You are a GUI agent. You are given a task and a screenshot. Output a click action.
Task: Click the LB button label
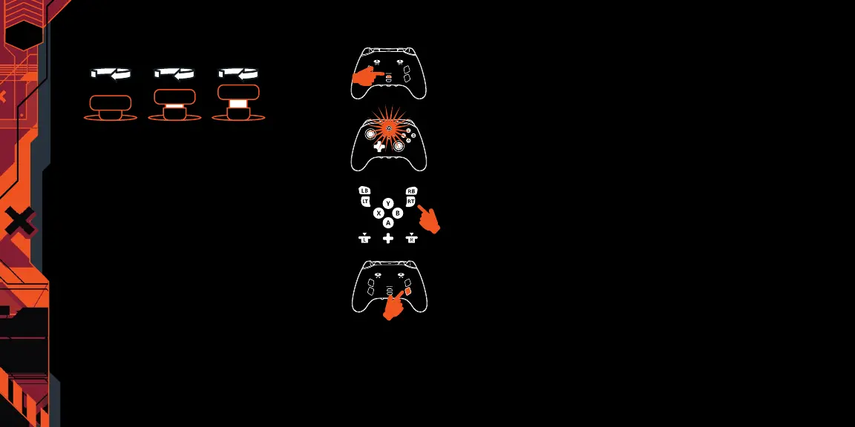(x=364, y=191)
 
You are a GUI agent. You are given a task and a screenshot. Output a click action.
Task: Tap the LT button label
(x=365, y=201)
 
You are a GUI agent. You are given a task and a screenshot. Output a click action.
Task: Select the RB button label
(x=412, y=191)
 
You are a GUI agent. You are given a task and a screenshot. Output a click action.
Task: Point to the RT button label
(x=410, y=201)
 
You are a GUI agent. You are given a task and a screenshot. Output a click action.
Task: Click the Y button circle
(x=387, y=203)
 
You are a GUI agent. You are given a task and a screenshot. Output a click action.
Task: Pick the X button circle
(x=379, y=213)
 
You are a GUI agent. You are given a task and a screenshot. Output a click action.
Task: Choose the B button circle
(x=397, y=213)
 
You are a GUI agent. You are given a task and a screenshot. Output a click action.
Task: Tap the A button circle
(x=387, y=222)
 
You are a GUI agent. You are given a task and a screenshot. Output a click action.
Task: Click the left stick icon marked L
(x=364, y=239)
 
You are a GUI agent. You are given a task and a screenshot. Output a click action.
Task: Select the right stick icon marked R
(x=412, y=239)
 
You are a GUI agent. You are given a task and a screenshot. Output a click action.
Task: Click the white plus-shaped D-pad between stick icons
(x=387, y=239)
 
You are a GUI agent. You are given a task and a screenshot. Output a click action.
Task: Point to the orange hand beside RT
(x=429, y=219)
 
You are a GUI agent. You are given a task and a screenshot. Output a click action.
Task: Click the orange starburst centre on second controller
(x=389, y=127)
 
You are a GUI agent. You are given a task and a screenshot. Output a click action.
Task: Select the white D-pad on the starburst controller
(x=379, y=147)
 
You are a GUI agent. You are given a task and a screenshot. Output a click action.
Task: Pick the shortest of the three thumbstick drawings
(x=110, y=107)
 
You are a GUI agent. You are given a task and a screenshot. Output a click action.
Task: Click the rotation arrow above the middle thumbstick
(x=174, y=73)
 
